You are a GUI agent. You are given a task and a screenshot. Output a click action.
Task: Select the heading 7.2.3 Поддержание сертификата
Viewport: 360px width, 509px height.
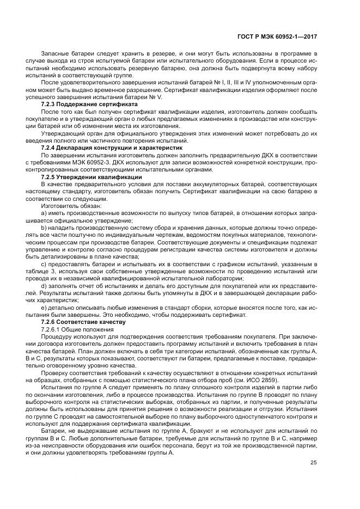coord(89,103)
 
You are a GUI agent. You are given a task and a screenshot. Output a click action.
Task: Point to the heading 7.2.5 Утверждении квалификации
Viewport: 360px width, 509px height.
coord(91,177)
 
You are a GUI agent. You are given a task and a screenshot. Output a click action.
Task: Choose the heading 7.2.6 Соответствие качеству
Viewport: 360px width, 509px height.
coord(83,322)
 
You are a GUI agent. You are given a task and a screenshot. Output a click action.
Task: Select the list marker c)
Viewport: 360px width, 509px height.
coord(44,265)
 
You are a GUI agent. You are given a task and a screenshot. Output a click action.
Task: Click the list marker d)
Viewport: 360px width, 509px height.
coord(44,285)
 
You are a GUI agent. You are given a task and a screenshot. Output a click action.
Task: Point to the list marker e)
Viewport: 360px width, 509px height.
coord(44,308)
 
